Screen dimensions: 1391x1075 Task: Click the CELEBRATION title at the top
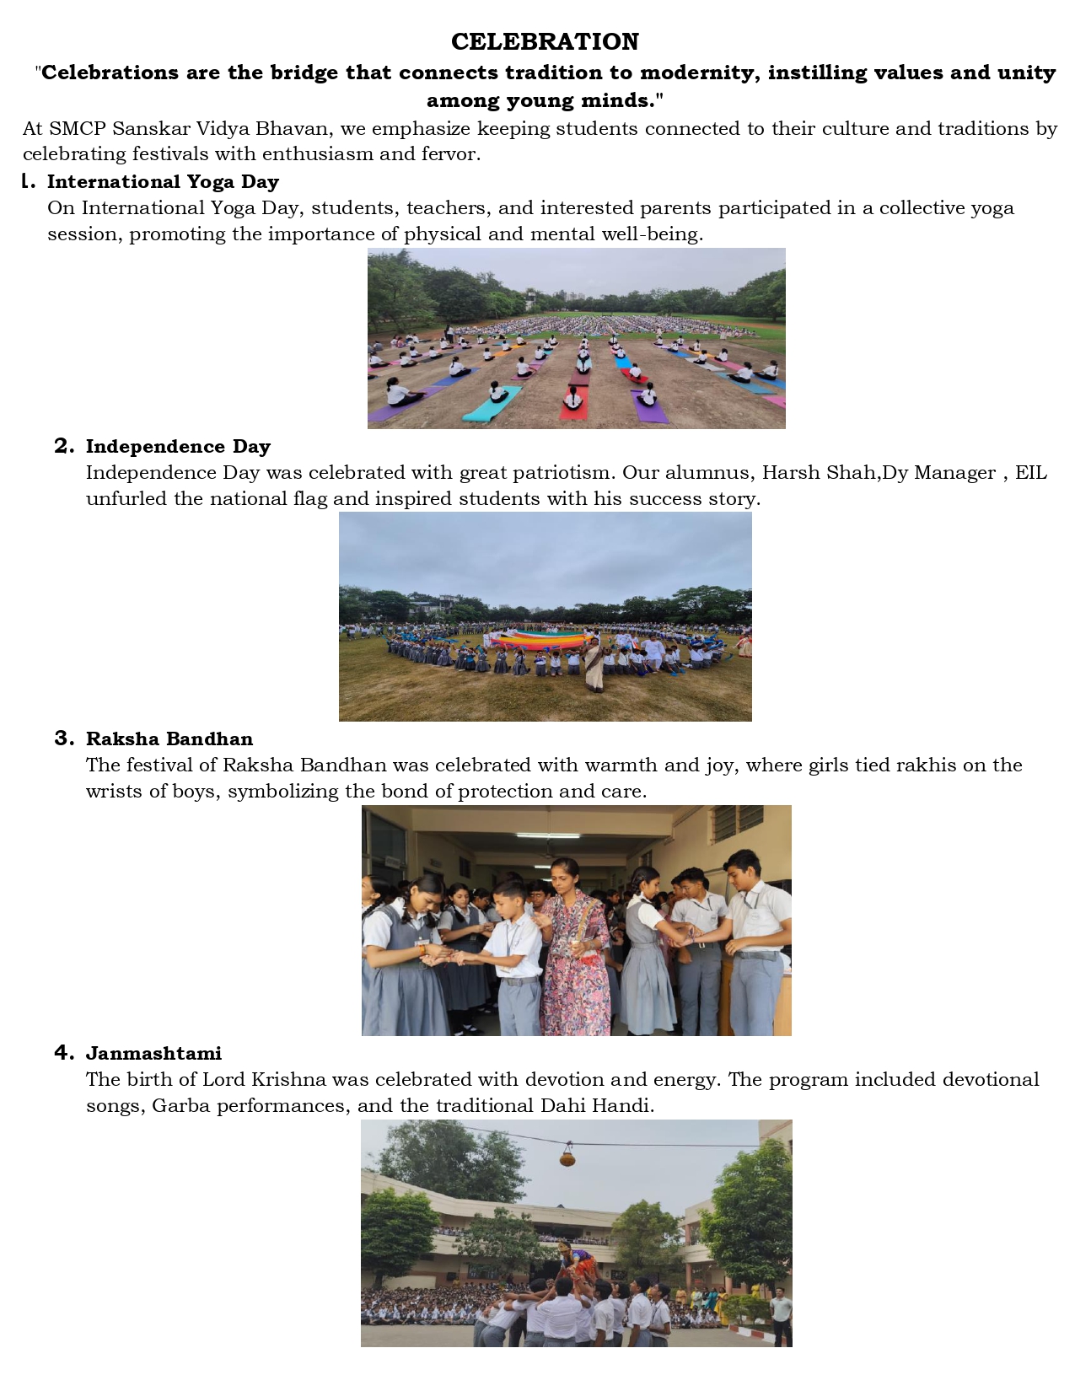tap(545, 41)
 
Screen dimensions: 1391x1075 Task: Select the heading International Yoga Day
tap(163, 182)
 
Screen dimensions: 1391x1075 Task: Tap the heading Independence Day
tap(178, 447)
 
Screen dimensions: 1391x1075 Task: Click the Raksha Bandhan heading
tap(169, 739)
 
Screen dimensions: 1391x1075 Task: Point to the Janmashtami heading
tap(153, 1054)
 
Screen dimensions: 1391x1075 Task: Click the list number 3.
tap(64, 738)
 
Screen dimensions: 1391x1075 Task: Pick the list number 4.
tap(64, 1053)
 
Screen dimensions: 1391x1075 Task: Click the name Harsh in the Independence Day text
tap(789, 473)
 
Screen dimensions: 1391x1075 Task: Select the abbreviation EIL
tap(1030, 473)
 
